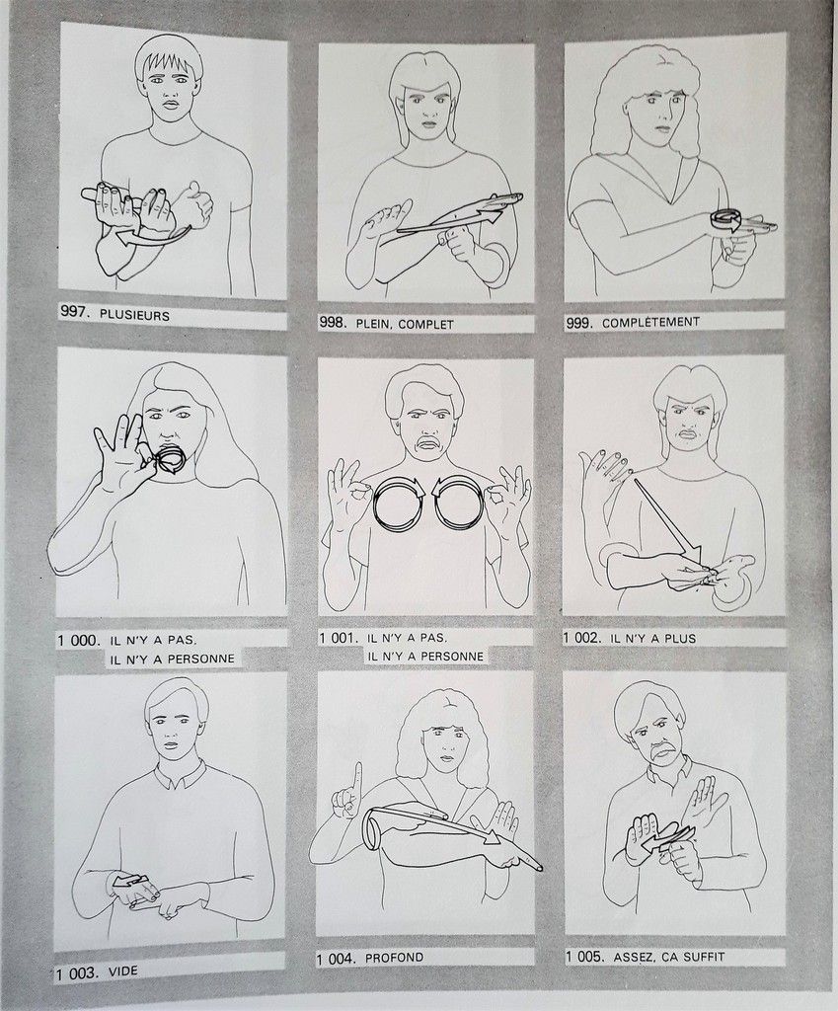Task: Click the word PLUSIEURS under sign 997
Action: pos(134,316)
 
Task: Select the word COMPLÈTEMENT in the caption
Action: pos(650,322)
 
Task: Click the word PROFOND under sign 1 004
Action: pos(394,958)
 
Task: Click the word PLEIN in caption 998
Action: pos(372,324)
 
